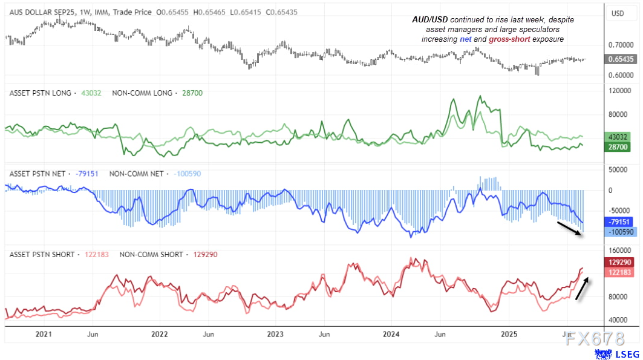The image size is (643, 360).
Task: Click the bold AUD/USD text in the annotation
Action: click(430, 20)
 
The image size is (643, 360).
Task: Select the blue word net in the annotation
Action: click(466, 39)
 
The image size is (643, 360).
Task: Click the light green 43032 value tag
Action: click(618, 137)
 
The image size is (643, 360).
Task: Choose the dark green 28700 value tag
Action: click(618, 147)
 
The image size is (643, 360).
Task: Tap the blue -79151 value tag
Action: click(618, 222)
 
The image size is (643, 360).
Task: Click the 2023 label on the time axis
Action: click(275, 334)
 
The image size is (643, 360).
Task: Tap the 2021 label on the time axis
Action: click(44, 334)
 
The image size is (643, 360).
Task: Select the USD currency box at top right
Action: click(618, 13)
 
